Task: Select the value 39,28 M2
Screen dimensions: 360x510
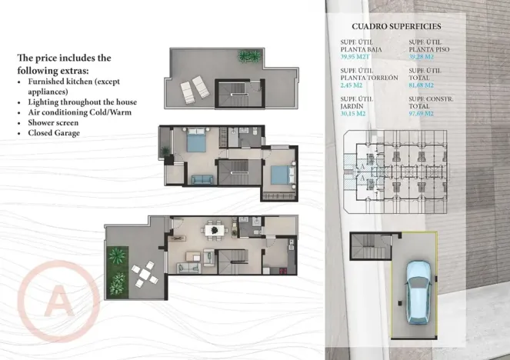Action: (x=422, y=56)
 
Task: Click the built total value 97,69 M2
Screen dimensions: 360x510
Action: (x=422, y=113)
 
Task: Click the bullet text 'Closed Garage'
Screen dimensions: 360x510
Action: (x=55, y=132)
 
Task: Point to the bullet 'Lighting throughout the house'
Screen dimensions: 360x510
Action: (x=82, y=102)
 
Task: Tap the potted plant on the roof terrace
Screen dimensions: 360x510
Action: (x=248, y=56)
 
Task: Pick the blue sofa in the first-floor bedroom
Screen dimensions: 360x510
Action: (x=202, y=180)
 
